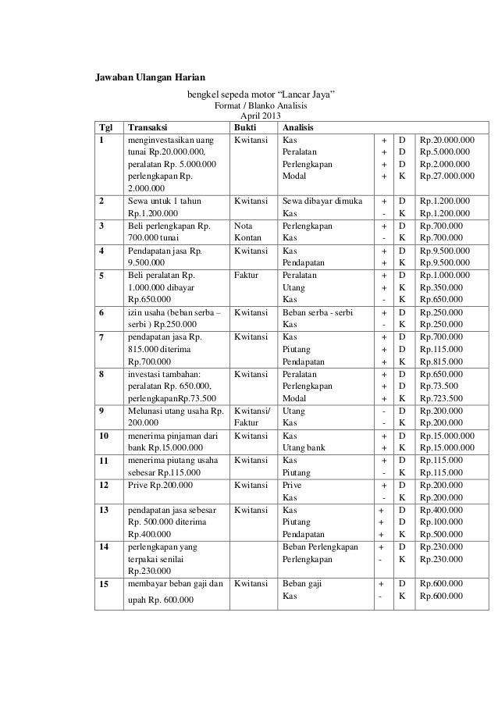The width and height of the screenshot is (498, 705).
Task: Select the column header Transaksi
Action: [147, 128]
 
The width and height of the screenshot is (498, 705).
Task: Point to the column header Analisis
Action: [299, 128]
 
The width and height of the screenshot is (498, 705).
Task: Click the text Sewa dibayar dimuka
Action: [321, 200]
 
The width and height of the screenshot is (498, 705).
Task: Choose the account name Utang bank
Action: [304, 448]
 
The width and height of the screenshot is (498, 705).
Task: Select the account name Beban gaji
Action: [301, 583]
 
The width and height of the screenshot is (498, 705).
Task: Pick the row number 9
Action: [100, 411]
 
